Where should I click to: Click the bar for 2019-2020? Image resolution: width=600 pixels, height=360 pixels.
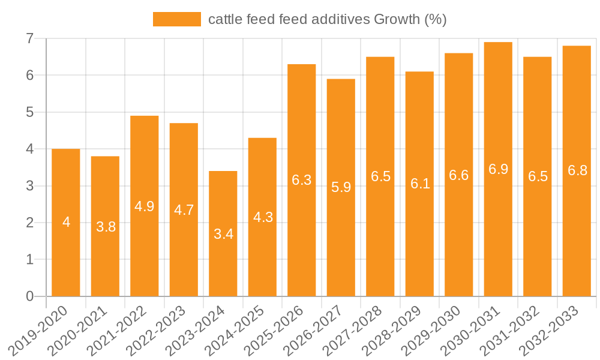66,223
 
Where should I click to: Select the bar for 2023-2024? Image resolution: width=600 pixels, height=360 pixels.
223,233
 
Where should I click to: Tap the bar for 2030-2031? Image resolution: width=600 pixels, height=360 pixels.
498,169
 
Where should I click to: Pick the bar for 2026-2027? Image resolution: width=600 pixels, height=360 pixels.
341,187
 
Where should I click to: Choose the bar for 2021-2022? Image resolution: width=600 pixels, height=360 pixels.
145,206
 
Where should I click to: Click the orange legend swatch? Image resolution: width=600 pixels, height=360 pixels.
177,19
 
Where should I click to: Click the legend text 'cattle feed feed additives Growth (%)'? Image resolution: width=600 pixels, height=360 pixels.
327,19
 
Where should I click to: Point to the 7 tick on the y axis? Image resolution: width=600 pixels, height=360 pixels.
29,38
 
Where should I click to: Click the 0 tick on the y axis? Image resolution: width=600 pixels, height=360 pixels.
29,296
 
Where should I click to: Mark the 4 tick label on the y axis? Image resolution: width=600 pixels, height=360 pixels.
29,149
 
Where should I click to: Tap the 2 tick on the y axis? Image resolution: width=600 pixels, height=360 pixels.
29,223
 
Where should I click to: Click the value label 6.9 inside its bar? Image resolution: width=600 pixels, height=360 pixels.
498,169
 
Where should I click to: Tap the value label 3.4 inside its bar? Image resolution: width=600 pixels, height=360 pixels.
223,234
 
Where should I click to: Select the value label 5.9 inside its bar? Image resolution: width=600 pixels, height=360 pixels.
341,187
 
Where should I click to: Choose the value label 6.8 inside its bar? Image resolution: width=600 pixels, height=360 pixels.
577,170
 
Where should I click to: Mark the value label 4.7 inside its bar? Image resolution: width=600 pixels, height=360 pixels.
184,210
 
